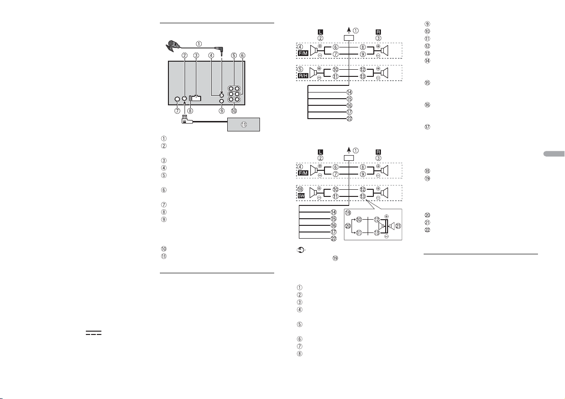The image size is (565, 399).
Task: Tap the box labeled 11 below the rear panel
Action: point(243,124)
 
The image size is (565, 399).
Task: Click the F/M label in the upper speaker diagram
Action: point(303,53)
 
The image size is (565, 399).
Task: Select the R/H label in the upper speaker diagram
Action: point(303,76)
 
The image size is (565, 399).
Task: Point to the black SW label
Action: point(301,196)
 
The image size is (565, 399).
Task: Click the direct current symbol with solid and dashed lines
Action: point(93,333)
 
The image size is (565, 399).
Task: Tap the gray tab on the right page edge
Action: point(554,154)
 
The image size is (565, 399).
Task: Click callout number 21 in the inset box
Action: point(398,226)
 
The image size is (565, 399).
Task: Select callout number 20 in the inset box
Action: point(348,226)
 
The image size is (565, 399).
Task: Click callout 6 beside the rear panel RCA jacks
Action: point(242,56)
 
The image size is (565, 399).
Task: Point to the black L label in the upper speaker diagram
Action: point(320,32)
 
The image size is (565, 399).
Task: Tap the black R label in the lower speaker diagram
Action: point(378,152)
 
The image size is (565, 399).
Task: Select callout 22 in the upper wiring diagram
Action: point(349,119)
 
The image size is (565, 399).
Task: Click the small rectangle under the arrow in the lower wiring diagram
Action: point(349,158)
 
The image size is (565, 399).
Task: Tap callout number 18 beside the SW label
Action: point(300,189)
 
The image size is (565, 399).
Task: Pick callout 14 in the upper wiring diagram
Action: point(349,92)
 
